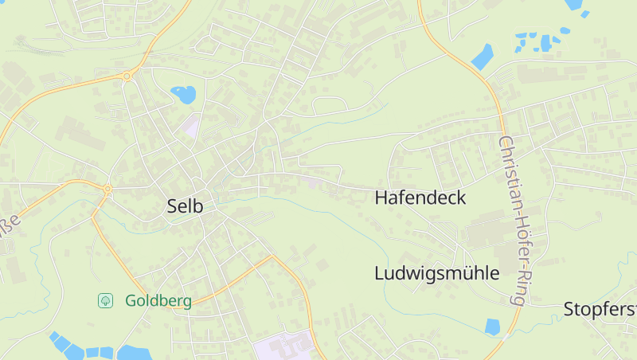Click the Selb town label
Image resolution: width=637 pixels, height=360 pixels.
point(185,205)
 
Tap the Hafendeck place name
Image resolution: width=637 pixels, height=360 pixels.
point(420,198)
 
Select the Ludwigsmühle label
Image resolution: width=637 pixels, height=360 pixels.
point(436,273)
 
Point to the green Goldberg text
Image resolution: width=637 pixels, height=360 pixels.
point(158,301)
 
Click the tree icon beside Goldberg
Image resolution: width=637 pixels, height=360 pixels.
point(105,300)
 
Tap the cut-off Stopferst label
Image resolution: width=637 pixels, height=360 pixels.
point(600,308)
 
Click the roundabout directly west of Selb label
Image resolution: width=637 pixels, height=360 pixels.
point(107,190)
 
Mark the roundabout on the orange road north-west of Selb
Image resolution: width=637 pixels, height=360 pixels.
point(127,76)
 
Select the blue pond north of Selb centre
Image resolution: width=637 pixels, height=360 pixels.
point(184,95)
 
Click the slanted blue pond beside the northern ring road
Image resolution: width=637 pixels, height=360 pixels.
point(483,56)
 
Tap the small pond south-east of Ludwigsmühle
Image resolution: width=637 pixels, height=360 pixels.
point(492,326)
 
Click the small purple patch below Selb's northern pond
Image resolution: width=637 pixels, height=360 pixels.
point(190,124)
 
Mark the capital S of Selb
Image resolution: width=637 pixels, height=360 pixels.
point(173,205)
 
